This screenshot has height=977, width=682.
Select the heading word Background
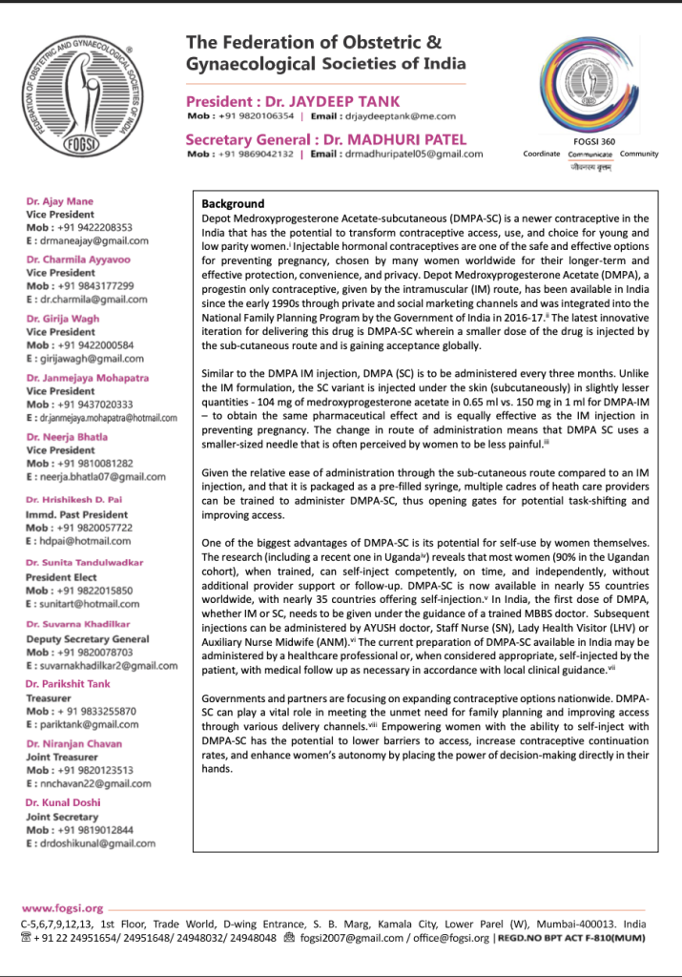233,204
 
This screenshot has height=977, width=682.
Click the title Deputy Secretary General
88,639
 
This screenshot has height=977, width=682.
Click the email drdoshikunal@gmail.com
91,843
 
